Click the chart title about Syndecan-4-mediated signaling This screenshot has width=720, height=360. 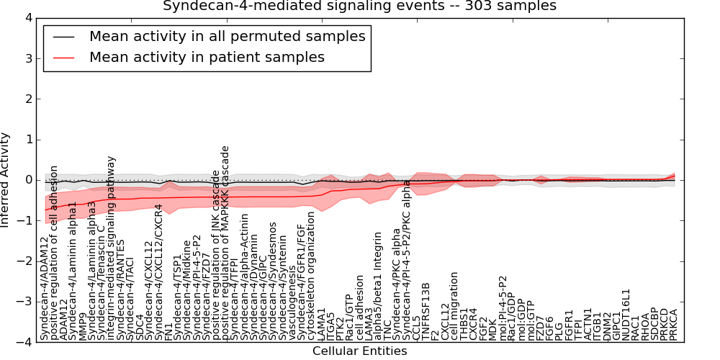point(359,6)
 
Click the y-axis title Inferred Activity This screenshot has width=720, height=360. point(6,180)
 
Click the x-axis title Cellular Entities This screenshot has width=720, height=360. point(359,351)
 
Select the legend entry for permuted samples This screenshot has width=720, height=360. point(227,36)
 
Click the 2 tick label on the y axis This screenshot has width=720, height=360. point(33,99)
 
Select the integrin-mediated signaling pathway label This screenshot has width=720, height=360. point(111,248)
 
